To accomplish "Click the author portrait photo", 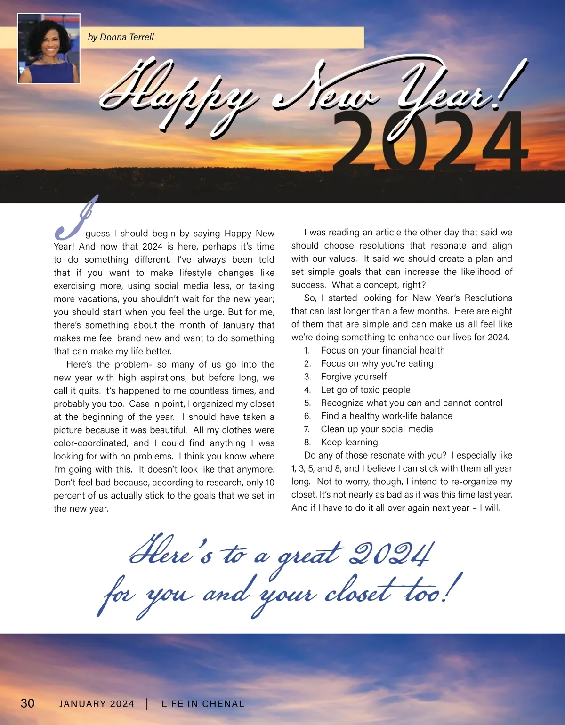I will tap(48, 48).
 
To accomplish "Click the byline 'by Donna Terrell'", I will tap(121, 37).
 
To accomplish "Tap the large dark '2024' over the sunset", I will tap(431, 141).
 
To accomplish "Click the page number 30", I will tap(27, 703).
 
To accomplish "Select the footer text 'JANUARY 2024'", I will tap(97, 704).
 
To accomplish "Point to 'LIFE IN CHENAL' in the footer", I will tap(203, 704).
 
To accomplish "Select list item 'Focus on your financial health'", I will tap(382, 350).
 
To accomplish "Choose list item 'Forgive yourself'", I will tap(354, 377).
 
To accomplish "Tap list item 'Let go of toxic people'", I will tap(365, 390).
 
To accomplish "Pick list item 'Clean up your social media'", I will tap(377, 429).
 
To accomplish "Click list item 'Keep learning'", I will tap(349, 442).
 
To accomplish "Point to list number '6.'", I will tap(307, 416).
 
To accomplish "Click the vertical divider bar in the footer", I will tap(147, 704).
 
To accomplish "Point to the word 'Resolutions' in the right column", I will tap(488, 298).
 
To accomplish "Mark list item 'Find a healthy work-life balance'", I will tap(387, 416).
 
